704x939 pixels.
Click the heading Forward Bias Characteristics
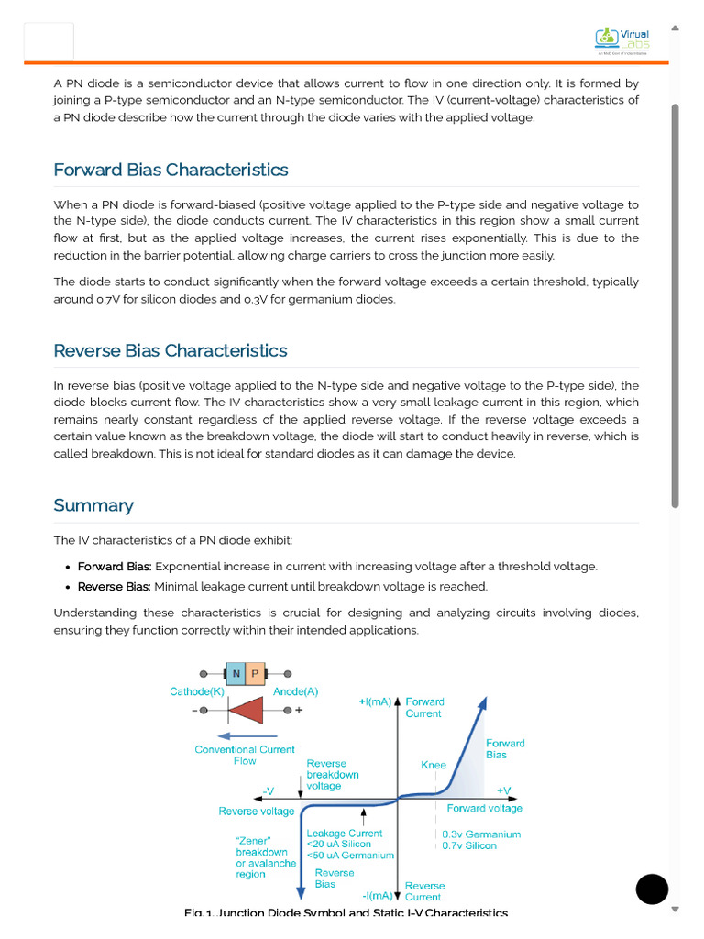click(170, 170)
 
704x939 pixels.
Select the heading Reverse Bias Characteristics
click(170, 350)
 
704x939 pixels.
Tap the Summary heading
click(93, 505)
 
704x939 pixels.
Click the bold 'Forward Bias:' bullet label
click(115, 567)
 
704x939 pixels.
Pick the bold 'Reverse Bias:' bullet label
click(114, 587)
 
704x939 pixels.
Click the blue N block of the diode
click(236, 674)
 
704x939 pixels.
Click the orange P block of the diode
click(255, 674)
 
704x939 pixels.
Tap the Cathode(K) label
click(197, 691)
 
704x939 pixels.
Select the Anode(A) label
click(296, 691)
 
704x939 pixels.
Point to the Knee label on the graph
click(434, 765)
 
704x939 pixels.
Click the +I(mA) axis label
click(375, 702)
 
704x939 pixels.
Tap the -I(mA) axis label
click(377, 895)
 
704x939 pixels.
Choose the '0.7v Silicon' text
click(469, 845)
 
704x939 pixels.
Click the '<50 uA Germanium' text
click(350, 856)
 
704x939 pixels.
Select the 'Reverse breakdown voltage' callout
click(333, 774)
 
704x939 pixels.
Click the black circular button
click(652, 889)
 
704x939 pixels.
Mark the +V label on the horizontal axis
click(504, 790)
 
